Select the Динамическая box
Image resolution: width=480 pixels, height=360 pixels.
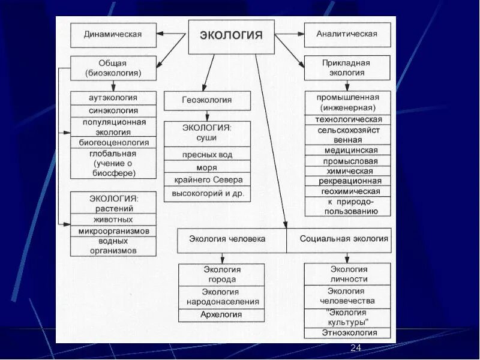[113, 35]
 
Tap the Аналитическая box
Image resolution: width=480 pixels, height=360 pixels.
[347, 35]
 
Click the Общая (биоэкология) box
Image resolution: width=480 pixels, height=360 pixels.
[113, 68]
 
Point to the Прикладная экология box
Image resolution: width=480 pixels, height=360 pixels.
[347, 68]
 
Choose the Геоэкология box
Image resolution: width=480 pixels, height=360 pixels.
[207, 100]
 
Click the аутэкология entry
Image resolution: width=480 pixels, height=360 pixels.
[113, 98]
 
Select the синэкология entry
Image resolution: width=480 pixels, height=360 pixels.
[113, 110]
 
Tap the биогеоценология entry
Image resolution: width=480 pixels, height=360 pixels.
[113, 142]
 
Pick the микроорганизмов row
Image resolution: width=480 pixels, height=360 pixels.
[113, 231]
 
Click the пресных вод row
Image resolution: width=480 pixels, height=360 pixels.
[207, 154]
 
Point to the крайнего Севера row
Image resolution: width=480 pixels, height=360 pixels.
[207, 180]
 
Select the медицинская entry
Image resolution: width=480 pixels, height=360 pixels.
[347, 150]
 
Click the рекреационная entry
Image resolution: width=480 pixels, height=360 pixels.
[347, 181]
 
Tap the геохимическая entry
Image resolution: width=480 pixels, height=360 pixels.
[347, 191]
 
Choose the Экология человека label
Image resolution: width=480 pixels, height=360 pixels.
[227, 239]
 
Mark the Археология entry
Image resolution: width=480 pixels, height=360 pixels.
[221, 314]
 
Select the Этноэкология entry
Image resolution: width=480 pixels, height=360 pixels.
[347, 333]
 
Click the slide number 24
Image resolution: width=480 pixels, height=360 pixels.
[355, 349]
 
